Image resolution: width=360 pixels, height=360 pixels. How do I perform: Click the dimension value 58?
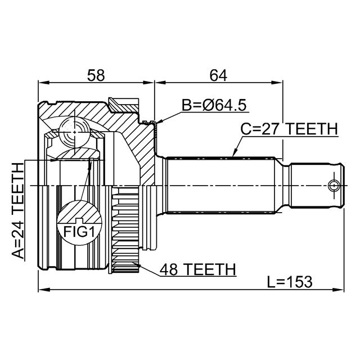pos(95,74)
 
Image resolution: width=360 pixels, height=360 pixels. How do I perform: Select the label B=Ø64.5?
pos(214,105)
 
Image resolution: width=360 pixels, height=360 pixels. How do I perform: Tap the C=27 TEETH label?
pos(289,129)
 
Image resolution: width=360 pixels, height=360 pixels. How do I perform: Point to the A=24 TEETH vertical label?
pos(19,209)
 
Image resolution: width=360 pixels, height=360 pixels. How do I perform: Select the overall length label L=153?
pos(289,281)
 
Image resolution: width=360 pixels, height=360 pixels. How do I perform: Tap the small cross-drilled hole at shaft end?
pos(334,185)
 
